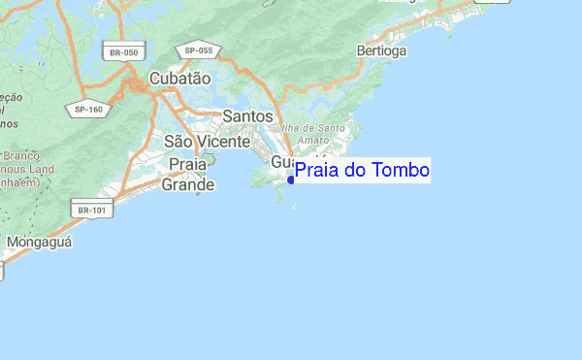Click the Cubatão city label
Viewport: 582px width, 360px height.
point(179,79)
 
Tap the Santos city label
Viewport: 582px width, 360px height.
point(247,115)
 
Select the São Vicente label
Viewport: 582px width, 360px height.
point(205,141)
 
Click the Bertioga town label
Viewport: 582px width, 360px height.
point(381,50)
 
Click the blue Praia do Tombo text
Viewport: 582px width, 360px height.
point(362,171)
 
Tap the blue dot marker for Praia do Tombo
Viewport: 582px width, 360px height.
point(291,180)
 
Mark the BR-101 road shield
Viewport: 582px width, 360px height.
point(88,208)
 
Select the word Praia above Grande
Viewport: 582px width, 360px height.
point(187,165)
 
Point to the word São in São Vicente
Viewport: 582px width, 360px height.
point(179,141)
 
